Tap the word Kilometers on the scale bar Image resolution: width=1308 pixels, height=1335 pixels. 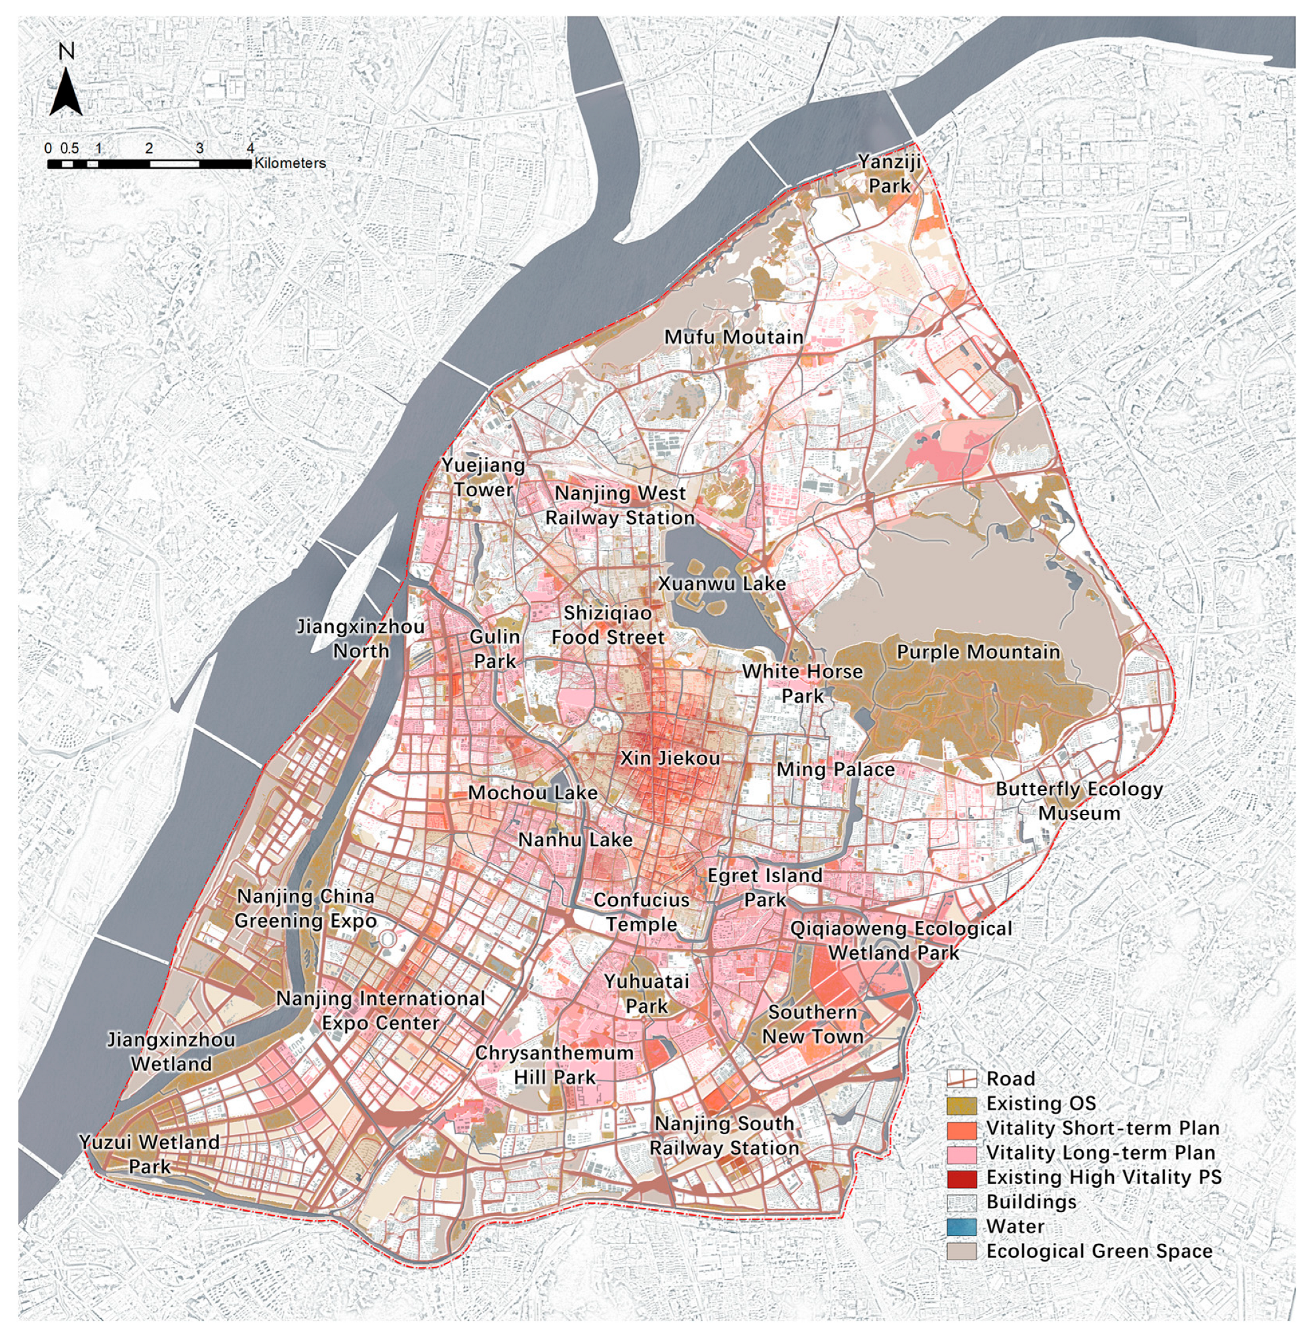click(x=290, y=163)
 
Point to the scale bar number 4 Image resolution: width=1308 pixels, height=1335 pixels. click(x=251, y=148)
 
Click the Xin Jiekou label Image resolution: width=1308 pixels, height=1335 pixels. click(x=670, y=758)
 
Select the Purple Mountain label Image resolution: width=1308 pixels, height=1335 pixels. click(x=977, y=652)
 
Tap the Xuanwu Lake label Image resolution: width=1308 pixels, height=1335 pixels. click(x=722, y=583)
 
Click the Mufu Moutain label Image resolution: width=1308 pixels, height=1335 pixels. click(x=733, y=337)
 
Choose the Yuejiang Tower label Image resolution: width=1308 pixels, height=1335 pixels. click(x=483, y=478)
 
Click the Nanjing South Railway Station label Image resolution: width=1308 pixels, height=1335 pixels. click(x=724, y=1135)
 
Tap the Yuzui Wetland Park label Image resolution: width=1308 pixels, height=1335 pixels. click(x=149, y=1155)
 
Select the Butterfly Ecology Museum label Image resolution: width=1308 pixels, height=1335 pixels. click(x=1078, y=801)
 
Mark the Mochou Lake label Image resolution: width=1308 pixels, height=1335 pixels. click(x=533, y=793)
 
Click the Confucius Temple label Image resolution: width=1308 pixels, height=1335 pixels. click(x=641, y=912)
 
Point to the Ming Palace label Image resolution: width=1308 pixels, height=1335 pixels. click(x=835, y=769)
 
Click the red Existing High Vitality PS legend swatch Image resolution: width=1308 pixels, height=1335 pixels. click(x=961, y=1177)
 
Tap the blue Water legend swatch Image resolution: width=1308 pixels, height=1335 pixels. click(x=961, y=1227)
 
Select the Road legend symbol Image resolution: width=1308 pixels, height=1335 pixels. click(x=961, y=1078)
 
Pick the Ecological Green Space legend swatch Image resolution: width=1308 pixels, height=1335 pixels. click(x=961, y=1251)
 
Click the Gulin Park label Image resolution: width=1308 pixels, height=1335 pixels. click(x=494, y=649)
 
